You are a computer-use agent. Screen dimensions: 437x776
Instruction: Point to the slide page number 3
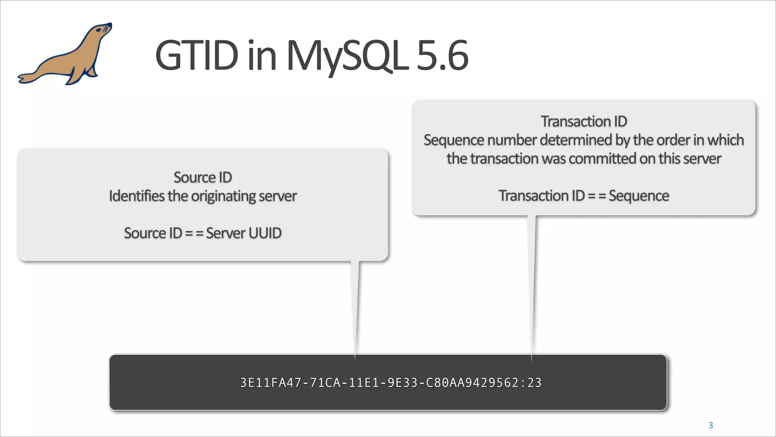(x=711, y=426)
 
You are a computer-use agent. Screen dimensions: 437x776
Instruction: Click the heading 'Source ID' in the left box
(x=203, y=178)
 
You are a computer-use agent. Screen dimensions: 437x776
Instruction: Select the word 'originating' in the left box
(x=224, y=196)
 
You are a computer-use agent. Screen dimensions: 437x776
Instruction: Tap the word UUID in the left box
(x=265, y=233)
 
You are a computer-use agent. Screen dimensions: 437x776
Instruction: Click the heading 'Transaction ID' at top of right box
(x=584, y=121)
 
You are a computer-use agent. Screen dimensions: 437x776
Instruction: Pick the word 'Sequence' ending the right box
(x=639, y=196)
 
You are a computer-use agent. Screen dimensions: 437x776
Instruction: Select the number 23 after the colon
(x=534, y=383)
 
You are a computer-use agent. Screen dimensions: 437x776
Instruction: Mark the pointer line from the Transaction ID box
(x=532, y=285)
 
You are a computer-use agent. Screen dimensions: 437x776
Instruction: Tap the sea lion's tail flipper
(x=27, y=78)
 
